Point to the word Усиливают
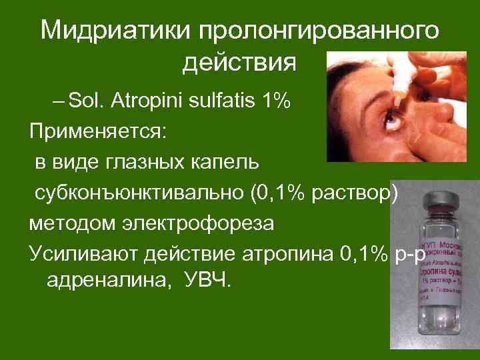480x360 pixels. pyautogui.click(x=81, y=252)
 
